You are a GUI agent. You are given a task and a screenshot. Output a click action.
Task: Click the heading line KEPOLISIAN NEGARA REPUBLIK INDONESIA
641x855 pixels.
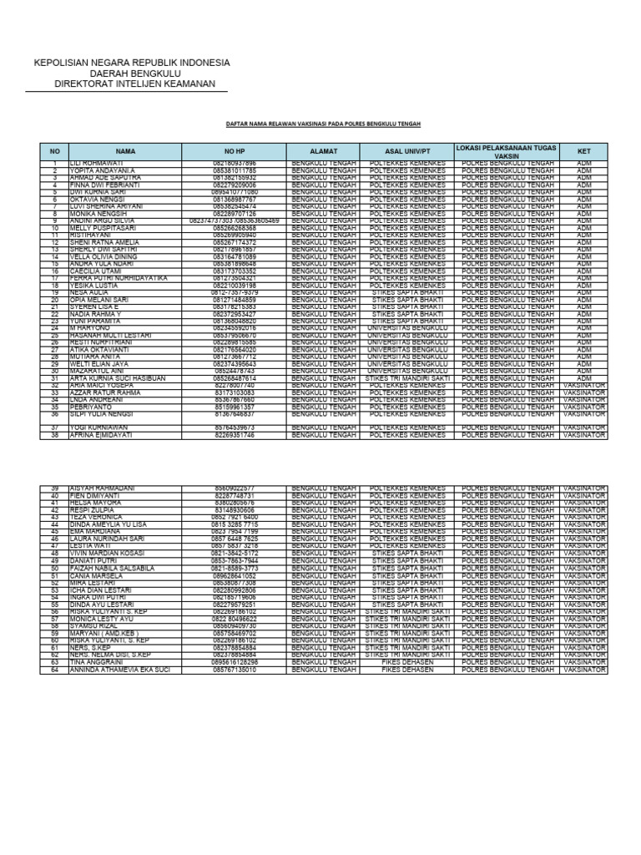[x=131, y=63]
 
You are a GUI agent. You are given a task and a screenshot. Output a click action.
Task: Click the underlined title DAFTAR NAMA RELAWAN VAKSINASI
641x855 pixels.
[x=324, y=124]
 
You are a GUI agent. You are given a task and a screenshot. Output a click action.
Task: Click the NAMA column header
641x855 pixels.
[x=125, y=151]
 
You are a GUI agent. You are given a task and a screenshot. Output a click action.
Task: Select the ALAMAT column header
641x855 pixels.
[x=323, y=151]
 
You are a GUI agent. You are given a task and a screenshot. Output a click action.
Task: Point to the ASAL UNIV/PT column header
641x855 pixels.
[x=407, y=151]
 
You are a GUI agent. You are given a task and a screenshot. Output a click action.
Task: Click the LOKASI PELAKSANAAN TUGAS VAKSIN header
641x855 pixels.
[x=506, y=151]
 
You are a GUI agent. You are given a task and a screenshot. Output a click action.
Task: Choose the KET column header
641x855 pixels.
[x=583, y=151]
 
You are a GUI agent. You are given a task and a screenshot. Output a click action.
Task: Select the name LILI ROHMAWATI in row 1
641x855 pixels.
[x=97, y=162]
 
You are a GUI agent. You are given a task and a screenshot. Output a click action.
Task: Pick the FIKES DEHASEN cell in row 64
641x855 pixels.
[x=407, y=670]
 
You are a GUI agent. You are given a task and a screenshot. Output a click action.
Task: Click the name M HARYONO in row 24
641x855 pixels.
[x=91, y=327]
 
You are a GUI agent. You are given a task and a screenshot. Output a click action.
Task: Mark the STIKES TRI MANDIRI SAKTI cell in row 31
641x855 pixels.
[x=407, y=378]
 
